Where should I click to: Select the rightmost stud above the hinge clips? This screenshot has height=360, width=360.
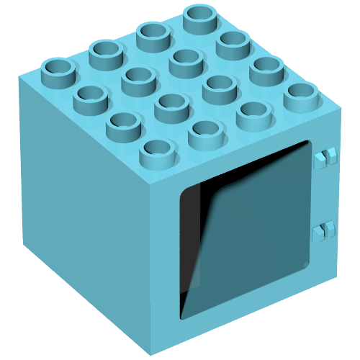tap(302, 95)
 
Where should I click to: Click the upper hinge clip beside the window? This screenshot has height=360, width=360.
tap(326, 156)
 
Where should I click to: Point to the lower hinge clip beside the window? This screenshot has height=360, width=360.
tap(325, 231)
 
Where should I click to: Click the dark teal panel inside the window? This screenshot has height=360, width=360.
tap(252, 223)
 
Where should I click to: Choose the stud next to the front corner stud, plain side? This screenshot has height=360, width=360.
tap(123, 123)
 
